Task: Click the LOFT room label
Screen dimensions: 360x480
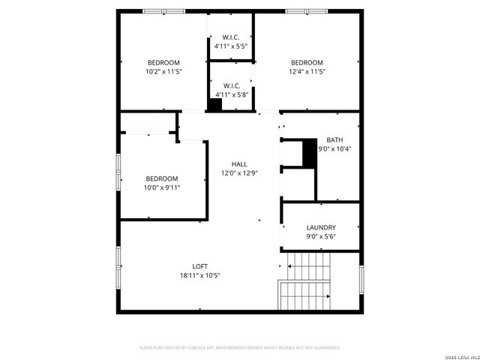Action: tap(200, 266)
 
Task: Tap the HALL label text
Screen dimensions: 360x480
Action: tap(239, 164)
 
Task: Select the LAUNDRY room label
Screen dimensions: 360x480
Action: tap(321, 227)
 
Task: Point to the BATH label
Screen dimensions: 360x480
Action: tap(334, 139)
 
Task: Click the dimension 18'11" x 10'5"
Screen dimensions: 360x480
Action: tap(200, 275)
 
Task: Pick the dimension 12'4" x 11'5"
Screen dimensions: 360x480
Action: tap(307, 71)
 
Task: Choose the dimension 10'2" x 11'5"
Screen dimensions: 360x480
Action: tap(163, 71)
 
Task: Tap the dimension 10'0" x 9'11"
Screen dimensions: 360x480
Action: tap(163, 187)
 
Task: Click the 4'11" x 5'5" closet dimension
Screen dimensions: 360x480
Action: tap(231, 46)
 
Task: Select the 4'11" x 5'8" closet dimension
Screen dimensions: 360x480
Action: tap(231, 94)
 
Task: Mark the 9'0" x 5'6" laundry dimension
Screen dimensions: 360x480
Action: tap(321, 236)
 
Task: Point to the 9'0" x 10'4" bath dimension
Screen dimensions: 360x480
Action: tap(334, 148)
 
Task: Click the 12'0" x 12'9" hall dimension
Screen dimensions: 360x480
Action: tap(239, 173)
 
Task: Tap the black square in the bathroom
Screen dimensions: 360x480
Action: tap(309, 153)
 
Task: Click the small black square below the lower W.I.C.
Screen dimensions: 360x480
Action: tap(215, 106)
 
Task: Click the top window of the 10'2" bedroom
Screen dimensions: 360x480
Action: tap(164, 11)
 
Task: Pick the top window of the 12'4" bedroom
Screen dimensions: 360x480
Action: tap(307, 11)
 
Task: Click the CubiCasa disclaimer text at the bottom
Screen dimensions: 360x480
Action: tap(240, 348)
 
